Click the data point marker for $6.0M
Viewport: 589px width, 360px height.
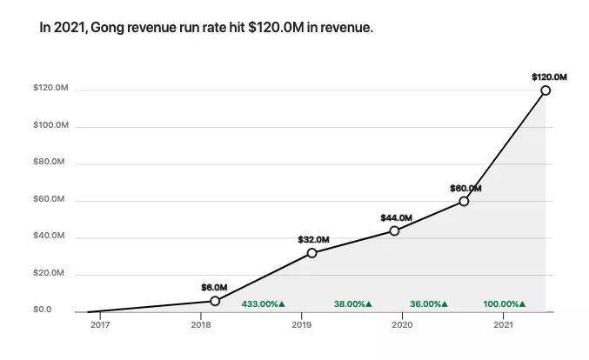[215, 301]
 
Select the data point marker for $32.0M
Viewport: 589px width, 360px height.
[311, 253]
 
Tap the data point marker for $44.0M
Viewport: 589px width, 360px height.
[394, 230]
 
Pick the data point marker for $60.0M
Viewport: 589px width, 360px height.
[464, 201]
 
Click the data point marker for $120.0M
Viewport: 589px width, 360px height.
[545, 90]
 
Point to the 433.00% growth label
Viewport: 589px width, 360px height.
[263, 304]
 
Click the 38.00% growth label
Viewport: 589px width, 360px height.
[352, 304]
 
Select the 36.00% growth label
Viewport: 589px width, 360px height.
[429, 304]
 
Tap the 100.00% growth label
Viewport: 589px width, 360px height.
[505, 304]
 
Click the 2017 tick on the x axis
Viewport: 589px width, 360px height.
[100, 324]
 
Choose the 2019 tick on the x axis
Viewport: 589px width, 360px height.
[302, 324]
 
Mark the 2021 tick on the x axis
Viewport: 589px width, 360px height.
[503, 324]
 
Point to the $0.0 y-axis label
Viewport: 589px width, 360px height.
[43, 310]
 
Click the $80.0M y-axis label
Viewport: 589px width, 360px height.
[50, 163]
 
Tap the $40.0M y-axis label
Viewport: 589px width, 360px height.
[50, 237]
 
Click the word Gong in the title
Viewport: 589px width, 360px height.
[110, 28]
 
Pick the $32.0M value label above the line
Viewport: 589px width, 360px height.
[313, 239]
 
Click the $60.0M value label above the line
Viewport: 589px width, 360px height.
[465, 188]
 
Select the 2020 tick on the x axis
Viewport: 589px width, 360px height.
[402, 324]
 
